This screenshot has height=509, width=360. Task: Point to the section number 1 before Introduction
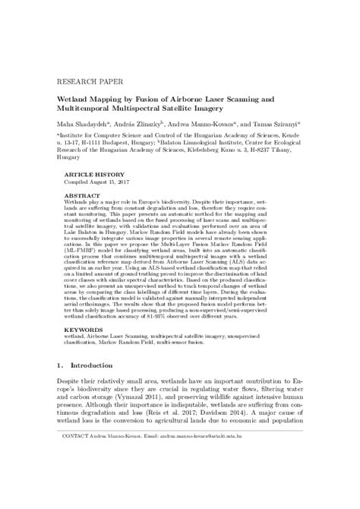[x=62, y=387]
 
